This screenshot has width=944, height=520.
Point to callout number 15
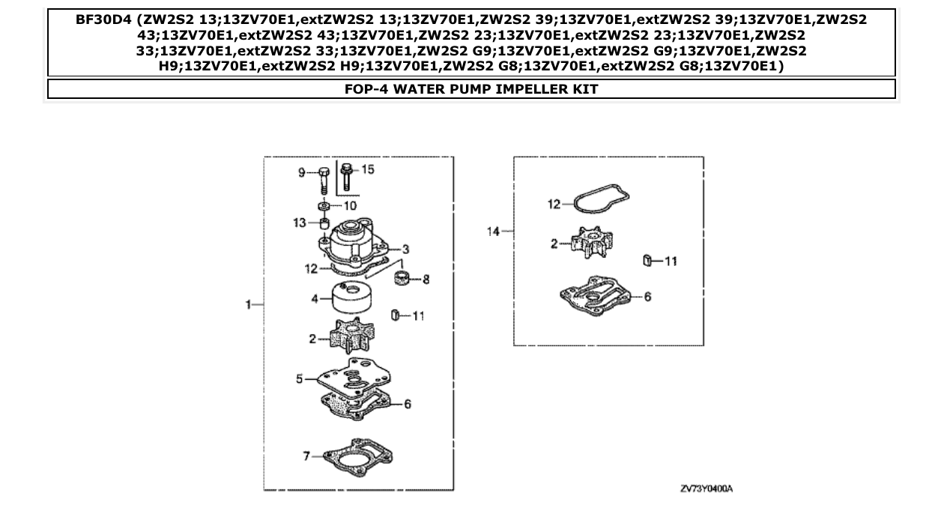pyautogui.click(x=368, y=169)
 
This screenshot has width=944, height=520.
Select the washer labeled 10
pyautogui.click(x=324, y=206)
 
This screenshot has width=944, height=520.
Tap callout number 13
pyautogui.click(x=299, y=223)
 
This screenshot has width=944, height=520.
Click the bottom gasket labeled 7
pyautogui.click(x=358, y=456)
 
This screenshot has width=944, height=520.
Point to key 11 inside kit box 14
pyautogui.click(x=646, y=261)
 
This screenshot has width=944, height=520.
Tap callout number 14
pyautogui.click(x=491, y=232)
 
